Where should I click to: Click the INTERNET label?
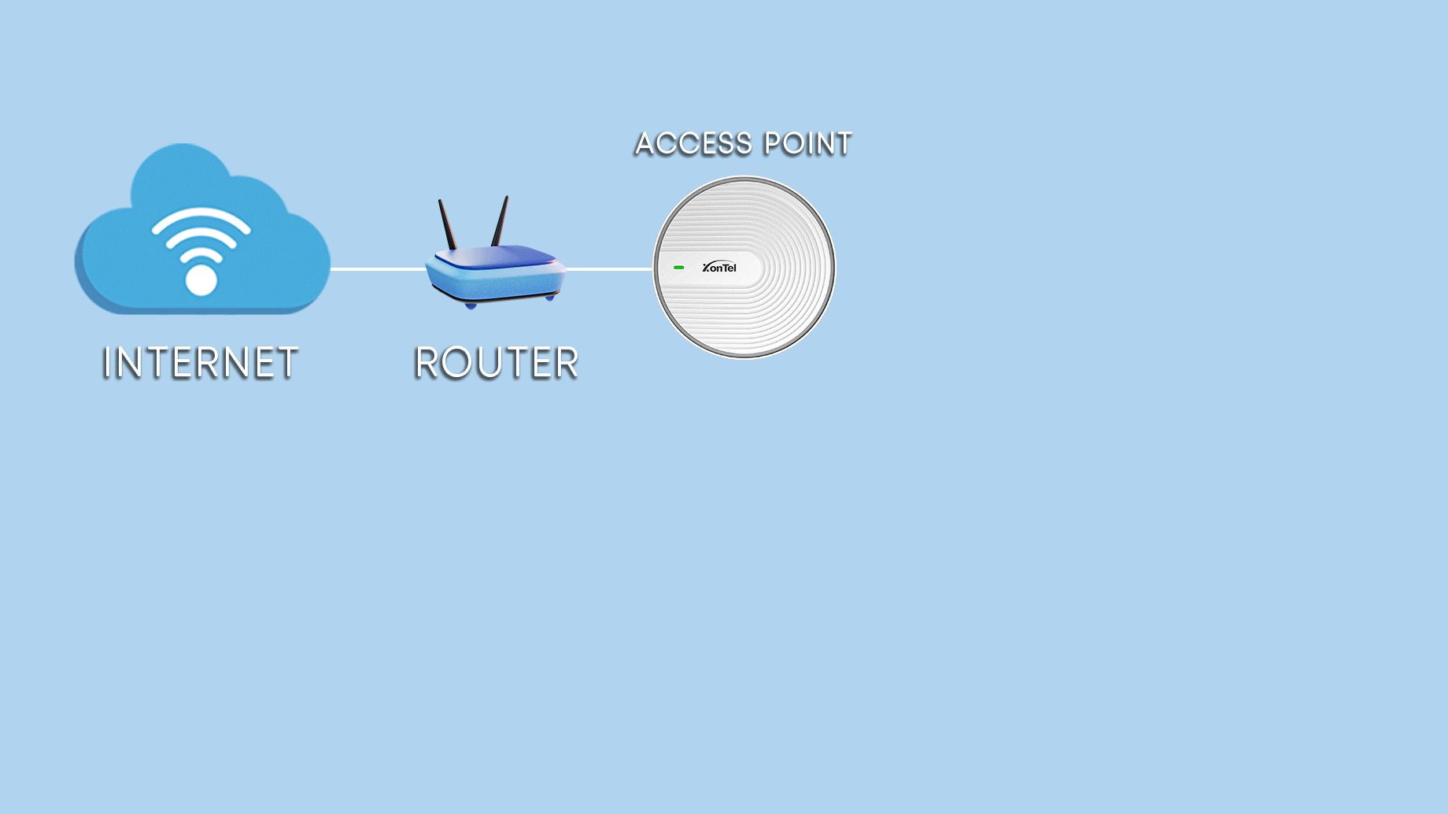pos(201,363)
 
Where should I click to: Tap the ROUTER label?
pos(497,363)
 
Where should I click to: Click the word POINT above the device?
pos(808,144)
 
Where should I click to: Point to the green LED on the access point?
pos(678,268)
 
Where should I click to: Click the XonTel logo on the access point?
pos(719,268)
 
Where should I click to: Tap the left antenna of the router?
pos(447,224)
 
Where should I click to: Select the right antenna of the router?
pos(500,221)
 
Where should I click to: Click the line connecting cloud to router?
pos(378,269)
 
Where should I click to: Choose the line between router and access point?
pos(609,269)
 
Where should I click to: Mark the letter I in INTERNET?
pos(108,363)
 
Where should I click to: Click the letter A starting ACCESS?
pos(646,144)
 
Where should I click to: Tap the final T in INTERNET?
pos(288,363)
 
